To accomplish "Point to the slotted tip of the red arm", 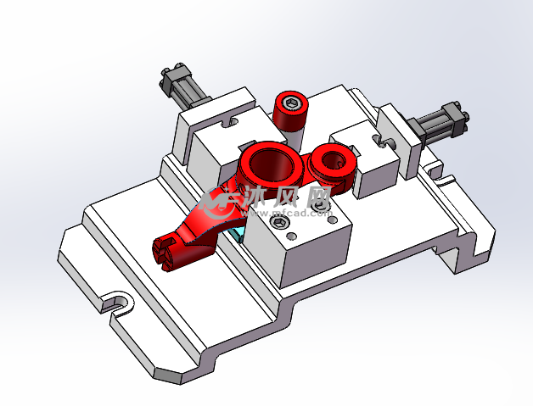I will click(x=166, y=253).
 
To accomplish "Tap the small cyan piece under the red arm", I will click(x=241, y=233).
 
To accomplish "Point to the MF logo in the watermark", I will click(x=218, y=201).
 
